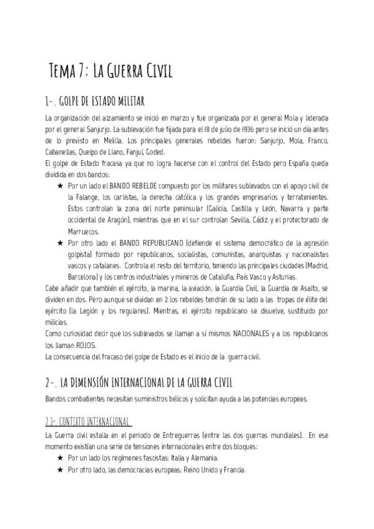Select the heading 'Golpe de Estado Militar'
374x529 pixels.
(95, 101)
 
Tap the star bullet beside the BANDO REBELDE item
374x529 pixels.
(60, 186)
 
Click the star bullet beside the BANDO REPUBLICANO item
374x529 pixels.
(60, 242)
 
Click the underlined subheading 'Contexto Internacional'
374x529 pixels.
(80, 420)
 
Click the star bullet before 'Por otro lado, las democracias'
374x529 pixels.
(60, 469)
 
